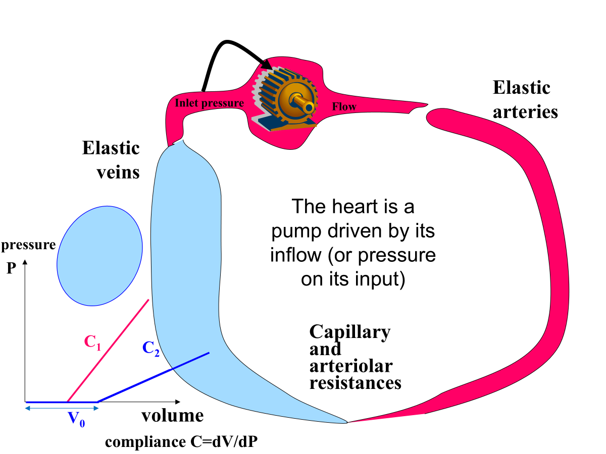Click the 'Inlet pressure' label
[x=210, y=103]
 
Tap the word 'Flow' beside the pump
[x=344, y=106]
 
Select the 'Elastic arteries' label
[x=525, y=99]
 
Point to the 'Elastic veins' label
[x=111, y=160]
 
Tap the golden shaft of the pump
[x=306, y=105]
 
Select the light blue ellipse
[x=99, y=256]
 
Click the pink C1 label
[x=92, y=343]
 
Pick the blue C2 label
[x=151, y=349]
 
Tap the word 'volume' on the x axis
[x=172, y=416]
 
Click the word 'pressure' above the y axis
[x=28, y=246]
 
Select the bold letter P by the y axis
[x=11, y=268]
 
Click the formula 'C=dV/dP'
[x=225, y=442]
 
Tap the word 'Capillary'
[x=349, y=332]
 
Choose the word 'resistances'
[x=355, y=382]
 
